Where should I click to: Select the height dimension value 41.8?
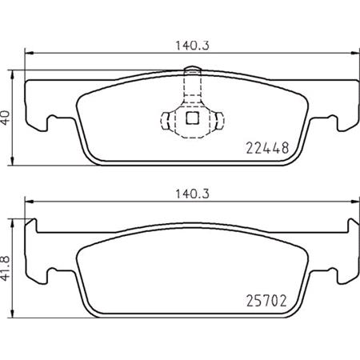(x=7, y=262)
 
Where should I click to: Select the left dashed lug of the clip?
(x=166, y=120)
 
